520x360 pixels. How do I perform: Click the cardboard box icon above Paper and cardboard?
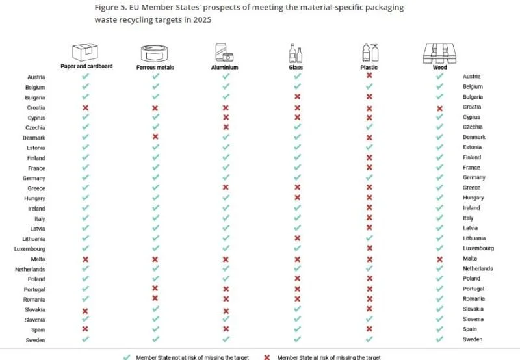point(85,52)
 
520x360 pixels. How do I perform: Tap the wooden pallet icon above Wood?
point(440,53)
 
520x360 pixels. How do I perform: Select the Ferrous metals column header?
point(155,68)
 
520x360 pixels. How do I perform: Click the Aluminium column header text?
point(224,68)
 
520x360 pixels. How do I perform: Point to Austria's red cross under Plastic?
point(369,75)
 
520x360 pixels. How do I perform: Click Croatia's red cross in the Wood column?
point(440,109)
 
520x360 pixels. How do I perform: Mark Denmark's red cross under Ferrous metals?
point(155,136)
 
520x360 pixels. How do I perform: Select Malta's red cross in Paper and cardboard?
point(85,259)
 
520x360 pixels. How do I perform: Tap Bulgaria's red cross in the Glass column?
point(298,96)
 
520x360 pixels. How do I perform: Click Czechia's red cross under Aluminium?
point(226,127)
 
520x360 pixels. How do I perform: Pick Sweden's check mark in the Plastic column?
point(369,339)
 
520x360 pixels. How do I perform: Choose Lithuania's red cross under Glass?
point(298,238)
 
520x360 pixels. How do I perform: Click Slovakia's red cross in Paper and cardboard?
point(85,311)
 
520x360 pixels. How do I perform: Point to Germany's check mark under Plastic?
point(369,177)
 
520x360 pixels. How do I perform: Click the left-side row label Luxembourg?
point(29,249)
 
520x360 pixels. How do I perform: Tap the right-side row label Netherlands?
point(478,268)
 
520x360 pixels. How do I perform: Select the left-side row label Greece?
point(36,188)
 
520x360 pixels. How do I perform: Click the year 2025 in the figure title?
point(202,20)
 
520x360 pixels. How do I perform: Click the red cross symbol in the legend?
point(267,357)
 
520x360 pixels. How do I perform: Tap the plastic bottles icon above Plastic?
point(370,53)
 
